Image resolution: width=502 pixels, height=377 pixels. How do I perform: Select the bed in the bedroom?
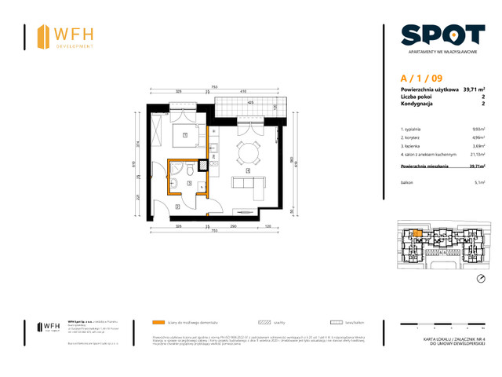pos(185,135)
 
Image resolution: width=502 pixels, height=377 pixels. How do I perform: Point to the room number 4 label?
pos(248,170)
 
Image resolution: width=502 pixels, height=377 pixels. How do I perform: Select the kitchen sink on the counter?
pos(215,148)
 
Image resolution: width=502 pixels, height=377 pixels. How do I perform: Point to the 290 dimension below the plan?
pos(234,226)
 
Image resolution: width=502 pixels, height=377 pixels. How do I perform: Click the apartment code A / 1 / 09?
pos(420,78)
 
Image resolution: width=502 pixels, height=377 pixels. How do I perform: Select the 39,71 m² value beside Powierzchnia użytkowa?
pos(473,90)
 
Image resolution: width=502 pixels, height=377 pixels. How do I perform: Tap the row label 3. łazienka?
pos(413,146)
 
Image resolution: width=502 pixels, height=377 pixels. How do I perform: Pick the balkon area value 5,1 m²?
pos(478,181)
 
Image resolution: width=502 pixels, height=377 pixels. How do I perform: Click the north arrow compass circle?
pos(481,279)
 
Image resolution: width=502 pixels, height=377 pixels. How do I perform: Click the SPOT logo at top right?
pos(442,35)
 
